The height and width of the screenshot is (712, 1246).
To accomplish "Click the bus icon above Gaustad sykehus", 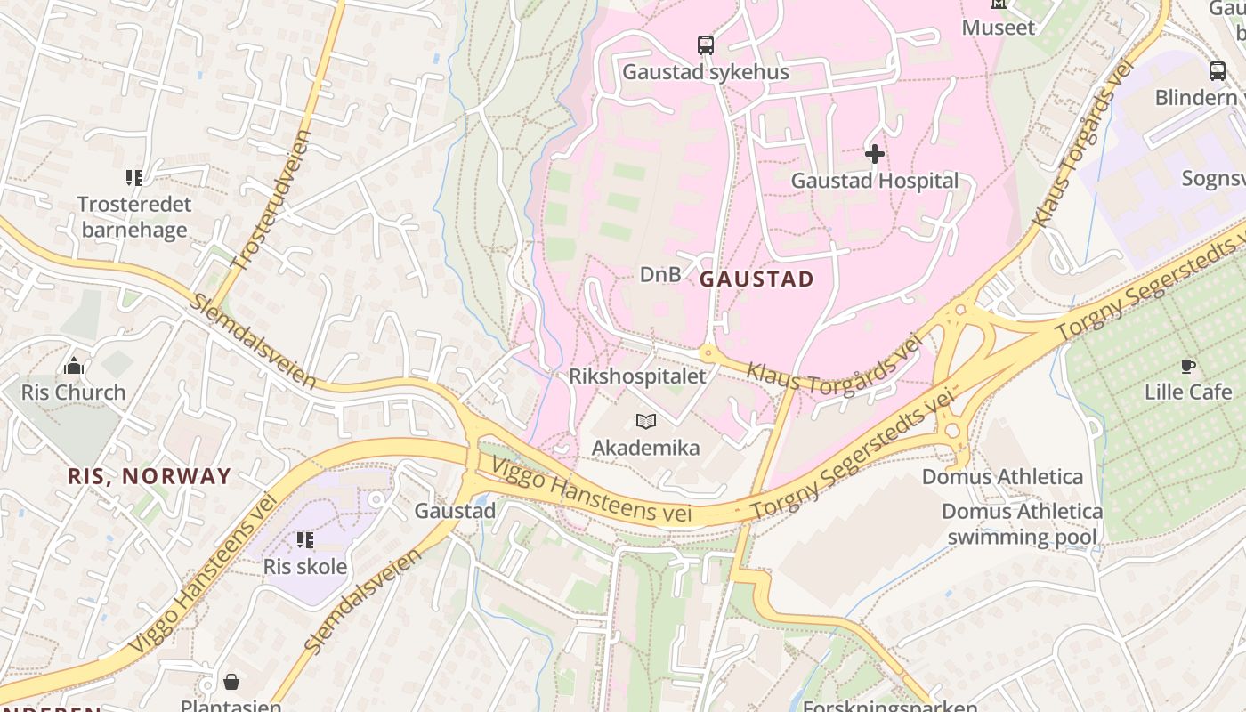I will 705,44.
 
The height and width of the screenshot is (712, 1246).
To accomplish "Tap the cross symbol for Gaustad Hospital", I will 875,154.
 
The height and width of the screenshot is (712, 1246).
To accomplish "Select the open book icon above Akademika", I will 646,421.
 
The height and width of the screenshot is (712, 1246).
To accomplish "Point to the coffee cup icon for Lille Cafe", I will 1187,366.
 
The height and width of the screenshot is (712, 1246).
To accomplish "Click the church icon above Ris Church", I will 74,366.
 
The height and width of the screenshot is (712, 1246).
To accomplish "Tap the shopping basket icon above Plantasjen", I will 231,682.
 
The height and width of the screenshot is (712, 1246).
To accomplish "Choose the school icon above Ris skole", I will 305,540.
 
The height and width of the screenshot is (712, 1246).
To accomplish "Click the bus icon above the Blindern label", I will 1217,71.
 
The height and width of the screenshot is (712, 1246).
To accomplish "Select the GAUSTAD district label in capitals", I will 756,279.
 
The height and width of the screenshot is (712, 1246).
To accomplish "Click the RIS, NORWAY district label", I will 150,476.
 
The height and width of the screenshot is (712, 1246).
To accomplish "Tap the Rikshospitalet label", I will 637,376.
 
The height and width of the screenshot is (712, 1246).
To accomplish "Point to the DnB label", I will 660,275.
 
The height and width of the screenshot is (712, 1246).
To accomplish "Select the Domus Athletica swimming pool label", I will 1022,524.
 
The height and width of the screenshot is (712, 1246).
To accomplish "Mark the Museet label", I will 999,28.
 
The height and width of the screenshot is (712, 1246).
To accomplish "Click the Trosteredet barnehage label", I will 134,217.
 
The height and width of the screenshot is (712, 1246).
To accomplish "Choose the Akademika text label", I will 646,448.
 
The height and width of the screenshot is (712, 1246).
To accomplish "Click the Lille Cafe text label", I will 1188,392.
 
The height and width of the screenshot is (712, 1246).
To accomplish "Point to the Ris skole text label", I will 305,567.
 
